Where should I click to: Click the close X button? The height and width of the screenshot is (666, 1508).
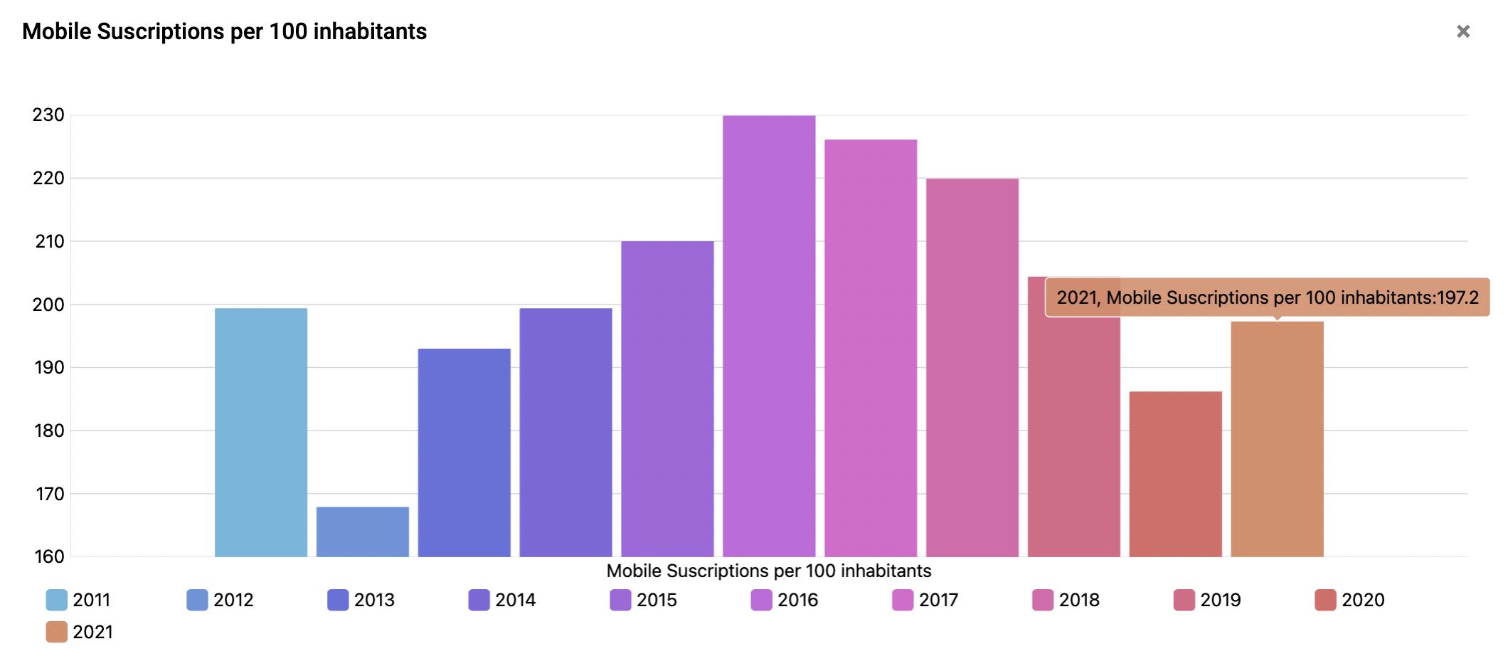point(1462,31)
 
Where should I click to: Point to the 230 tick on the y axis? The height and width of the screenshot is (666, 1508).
point(48,115)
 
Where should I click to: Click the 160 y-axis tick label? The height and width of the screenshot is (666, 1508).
point(48,556)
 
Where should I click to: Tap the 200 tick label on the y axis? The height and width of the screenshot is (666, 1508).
point(48,305)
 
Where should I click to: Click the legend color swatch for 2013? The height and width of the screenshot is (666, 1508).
point(338,600)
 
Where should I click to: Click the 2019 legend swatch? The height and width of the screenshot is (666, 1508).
point(1184,600)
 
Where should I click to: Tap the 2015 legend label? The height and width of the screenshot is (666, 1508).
point(656,600)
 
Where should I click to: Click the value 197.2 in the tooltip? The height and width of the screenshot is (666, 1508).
point(1457,297)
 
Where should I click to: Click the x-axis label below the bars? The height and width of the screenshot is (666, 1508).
point(768,571)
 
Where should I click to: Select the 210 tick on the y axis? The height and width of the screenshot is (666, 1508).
point(48,241)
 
